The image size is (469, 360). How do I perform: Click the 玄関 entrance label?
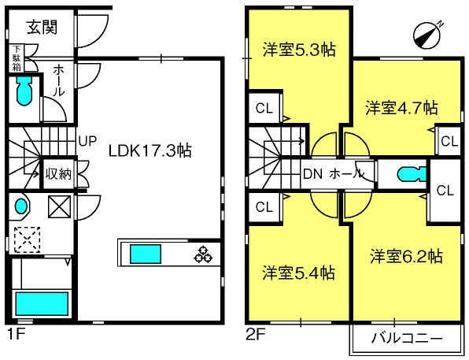(42, 28)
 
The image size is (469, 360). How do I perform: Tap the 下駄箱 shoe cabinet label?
(17, 58)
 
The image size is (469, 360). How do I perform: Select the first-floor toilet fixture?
(24, 91)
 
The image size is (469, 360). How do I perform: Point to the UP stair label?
(87, 141)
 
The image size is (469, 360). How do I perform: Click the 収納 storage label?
(58, 174)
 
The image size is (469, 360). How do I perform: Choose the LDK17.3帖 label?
(150, 150)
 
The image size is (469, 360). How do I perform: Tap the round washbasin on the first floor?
(21, 206)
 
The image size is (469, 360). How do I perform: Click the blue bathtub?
(42, 304)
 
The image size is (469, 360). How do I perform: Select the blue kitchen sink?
(146, 254)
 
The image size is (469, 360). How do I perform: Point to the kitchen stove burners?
(203, 254)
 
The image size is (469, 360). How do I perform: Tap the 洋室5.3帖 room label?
(299, 50)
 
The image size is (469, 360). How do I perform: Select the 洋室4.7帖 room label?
(401, 108)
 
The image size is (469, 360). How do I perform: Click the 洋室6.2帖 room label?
(406, 256)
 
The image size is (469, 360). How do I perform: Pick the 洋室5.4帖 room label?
(299, 273)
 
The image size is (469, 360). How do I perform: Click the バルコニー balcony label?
(407, 338)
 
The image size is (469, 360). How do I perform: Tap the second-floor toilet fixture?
(412, 174)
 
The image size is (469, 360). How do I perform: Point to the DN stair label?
(312, 174)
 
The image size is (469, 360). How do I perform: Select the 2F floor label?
(255, 334)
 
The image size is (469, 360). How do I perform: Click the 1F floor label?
(15, 334)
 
